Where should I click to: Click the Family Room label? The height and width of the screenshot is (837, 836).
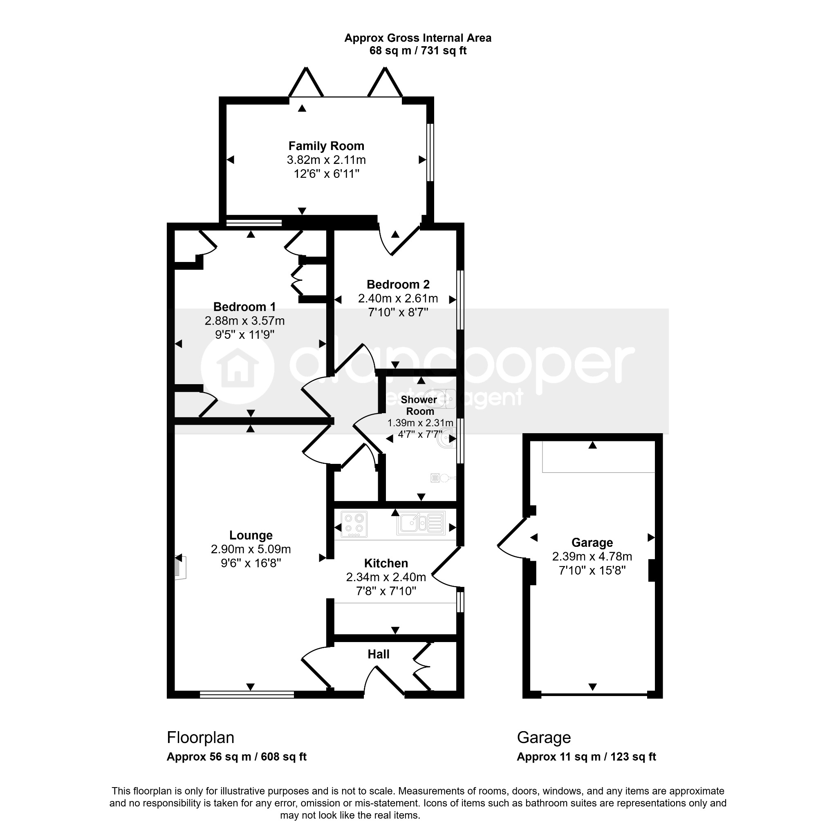click(326, 146)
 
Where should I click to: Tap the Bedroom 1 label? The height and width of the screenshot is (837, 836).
click(244, 307)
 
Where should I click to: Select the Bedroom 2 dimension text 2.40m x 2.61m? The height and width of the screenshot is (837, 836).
click(398, 298)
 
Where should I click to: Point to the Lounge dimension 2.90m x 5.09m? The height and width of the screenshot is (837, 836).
click(251, 549)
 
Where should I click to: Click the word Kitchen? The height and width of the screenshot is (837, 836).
click(386, 563)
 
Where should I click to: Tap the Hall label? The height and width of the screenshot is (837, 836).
click(378, 654)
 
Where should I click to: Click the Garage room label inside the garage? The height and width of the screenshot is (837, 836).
click(592, 542)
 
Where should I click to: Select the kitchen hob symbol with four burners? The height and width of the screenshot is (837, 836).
click(354, 524)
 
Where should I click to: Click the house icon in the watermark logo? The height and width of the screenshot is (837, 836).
click(238, 368)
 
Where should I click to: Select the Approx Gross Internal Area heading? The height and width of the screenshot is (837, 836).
click(418, 38)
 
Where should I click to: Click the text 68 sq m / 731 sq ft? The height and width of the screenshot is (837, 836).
click(418, 51)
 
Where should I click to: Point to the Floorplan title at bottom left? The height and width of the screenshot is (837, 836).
click(200, 738)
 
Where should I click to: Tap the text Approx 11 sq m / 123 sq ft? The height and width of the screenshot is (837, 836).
click(586, 757)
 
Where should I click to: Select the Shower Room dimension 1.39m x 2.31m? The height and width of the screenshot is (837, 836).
click(420, 423)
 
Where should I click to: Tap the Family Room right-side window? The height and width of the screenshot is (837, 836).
click(430, 152)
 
